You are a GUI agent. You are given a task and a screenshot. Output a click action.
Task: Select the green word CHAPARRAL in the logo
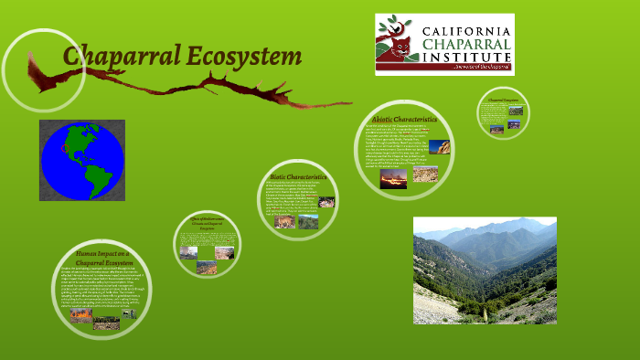coord(466,47)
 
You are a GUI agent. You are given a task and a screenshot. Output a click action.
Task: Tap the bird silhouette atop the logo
coord(393,26)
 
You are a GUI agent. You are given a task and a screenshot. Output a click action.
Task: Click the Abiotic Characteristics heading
coord(404,120)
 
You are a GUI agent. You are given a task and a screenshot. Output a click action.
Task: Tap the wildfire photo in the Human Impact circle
coord(81,316)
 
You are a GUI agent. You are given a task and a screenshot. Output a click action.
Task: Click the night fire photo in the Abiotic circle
coord(394,178)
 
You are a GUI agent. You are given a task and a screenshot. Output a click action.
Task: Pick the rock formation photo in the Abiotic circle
coord(439,147)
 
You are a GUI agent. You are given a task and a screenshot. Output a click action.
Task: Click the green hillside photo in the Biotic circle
coord(308,222)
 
